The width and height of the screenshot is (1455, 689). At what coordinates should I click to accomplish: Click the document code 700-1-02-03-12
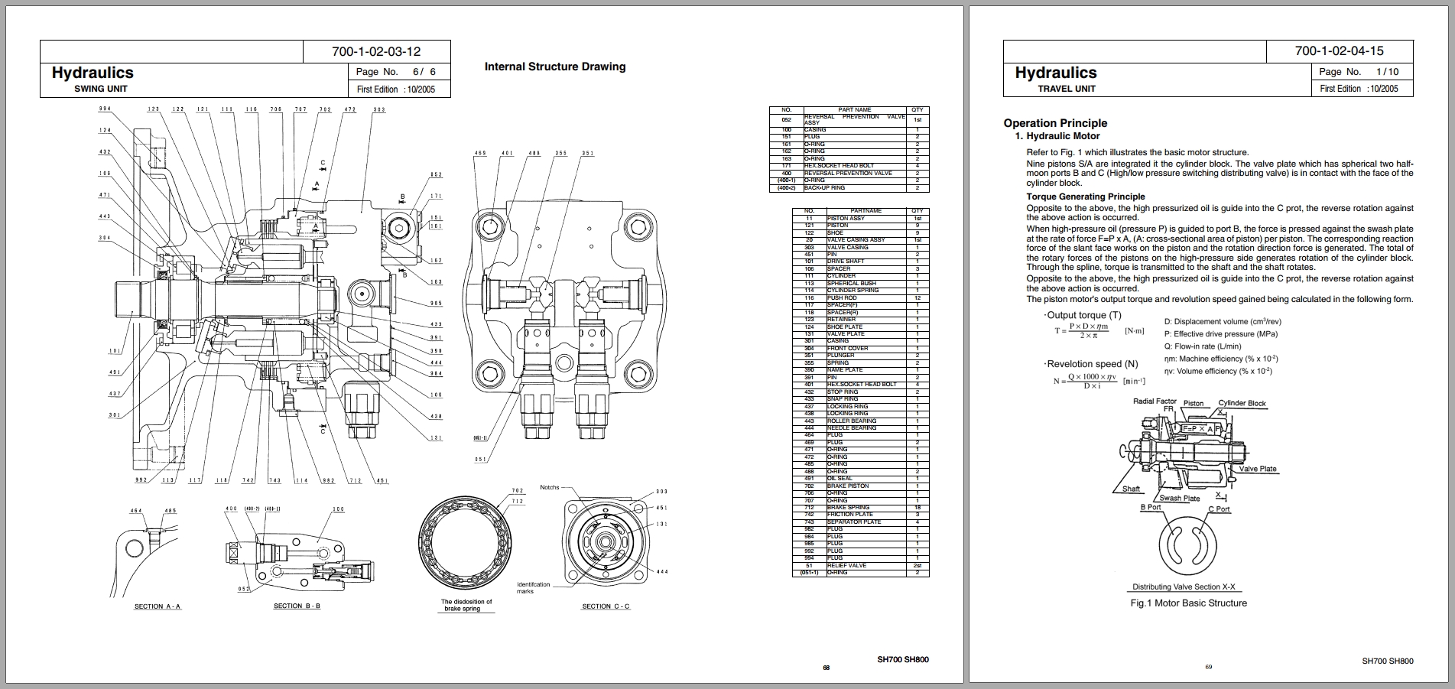point(376,51)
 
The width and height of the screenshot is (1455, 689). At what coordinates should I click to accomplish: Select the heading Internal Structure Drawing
point(554,67)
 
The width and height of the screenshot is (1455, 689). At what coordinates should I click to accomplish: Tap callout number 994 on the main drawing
point(105,109)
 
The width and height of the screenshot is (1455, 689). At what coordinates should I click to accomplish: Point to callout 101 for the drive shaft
point(115,351)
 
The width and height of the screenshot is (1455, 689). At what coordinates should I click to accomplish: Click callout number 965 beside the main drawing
point(436,304)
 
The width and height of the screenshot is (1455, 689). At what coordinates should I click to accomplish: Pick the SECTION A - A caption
point(158,606)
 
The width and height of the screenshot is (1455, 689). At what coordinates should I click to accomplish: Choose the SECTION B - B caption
point(297,606)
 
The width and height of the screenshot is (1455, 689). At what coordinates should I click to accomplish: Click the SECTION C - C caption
point(606,606)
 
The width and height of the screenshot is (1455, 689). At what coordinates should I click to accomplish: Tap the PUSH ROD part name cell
point(842,297)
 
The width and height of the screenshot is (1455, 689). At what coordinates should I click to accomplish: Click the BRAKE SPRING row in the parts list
point(848,508)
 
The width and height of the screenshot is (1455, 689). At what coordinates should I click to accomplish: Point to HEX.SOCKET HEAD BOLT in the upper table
point(839,166)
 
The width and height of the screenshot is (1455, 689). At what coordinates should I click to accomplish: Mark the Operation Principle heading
point(1055,123)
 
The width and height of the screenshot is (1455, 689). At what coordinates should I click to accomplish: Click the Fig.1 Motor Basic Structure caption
point(1188,603)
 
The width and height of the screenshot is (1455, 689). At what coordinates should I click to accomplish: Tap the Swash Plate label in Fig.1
point(1180,498)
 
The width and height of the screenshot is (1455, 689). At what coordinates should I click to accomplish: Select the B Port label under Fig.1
point(1151,507)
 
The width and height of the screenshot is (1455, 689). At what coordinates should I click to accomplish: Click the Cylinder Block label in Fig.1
point(1242,403)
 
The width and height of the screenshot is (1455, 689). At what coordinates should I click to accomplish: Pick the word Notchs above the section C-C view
point(550,487)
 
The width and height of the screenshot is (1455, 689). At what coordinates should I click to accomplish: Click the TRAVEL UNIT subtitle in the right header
point(1067,89)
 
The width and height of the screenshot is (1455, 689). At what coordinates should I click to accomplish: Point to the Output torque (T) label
point(1084,315)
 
